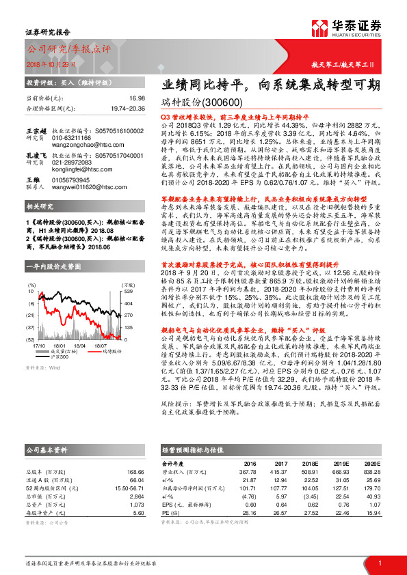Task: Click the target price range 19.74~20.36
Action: [127, 108]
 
